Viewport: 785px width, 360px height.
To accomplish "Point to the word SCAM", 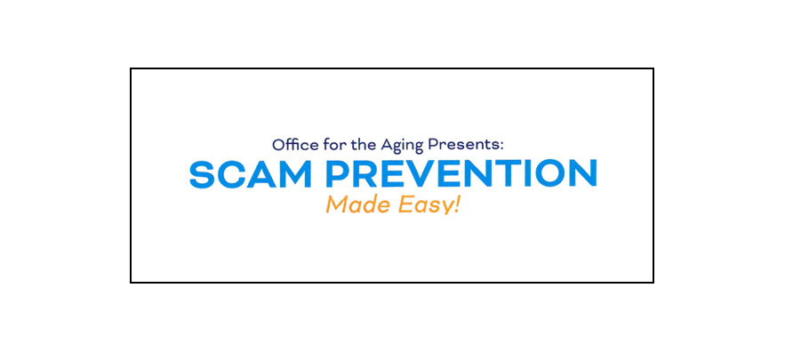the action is [251, 173].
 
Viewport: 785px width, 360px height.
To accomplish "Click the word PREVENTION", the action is [461, 173].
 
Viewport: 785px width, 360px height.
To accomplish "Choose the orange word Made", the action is [356, 204].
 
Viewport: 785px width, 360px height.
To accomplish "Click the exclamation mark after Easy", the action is [456, 204].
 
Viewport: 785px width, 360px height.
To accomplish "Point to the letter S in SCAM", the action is [204, 173].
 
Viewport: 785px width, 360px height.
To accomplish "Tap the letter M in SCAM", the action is [294, 173].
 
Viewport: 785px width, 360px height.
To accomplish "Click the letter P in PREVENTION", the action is [337, 173].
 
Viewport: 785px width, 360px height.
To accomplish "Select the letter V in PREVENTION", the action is [420, 173].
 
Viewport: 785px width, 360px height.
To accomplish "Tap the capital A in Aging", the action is [387, 145].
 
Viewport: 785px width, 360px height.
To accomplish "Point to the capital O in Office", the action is [279, 145].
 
